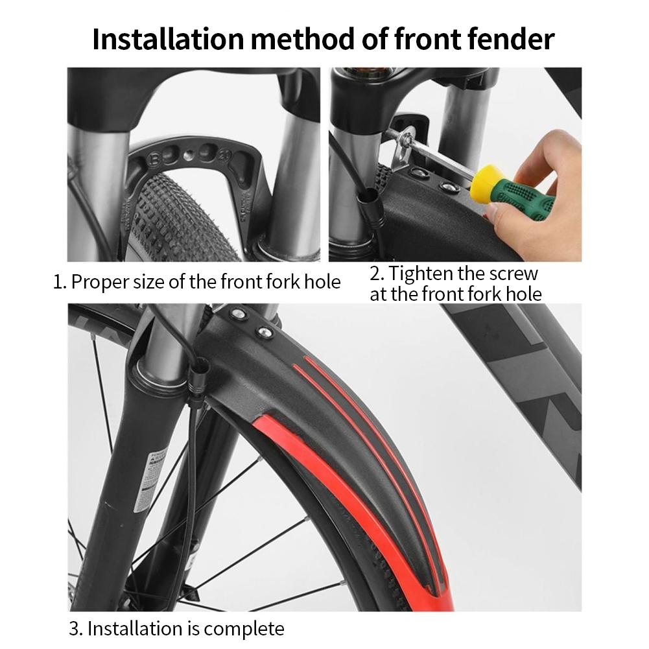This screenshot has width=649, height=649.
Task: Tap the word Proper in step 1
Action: pyautogui.click(x=100, y=282)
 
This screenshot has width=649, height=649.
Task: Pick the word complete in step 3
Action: pyautogui.click(x=244, y=629)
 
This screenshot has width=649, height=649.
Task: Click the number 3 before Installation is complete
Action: pyautogui.click(x=75, y=629)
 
